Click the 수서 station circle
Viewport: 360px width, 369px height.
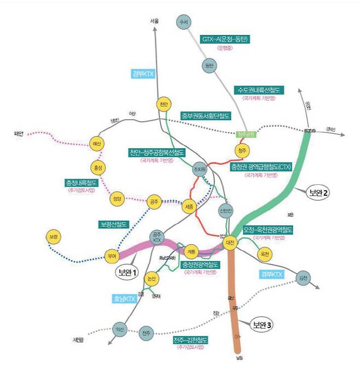point(183,22)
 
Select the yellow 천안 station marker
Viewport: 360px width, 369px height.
point(162,104)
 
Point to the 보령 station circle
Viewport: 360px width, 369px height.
point(53,237)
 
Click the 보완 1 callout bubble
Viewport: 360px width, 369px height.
point(127,272)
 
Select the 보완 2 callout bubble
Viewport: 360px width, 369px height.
point(318,192)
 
